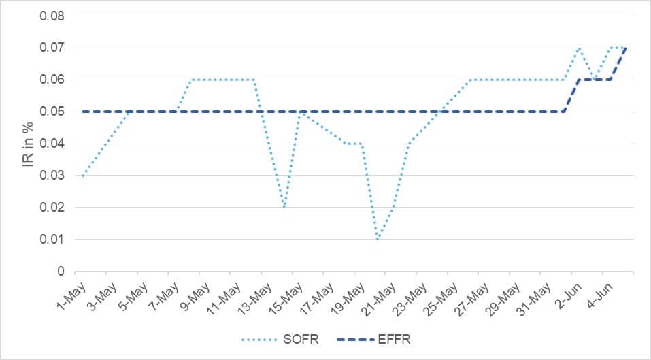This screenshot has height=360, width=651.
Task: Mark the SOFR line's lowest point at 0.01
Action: point(378,239)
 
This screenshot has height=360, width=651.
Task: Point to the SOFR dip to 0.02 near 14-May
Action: point(284,207)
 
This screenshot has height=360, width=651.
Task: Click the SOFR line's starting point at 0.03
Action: point(83,176)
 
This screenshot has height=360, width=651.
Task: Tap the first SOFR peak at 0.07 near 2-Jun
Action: point(579,48)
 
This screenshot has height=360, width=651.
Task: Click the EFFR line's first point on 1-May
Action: point(83,112)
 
